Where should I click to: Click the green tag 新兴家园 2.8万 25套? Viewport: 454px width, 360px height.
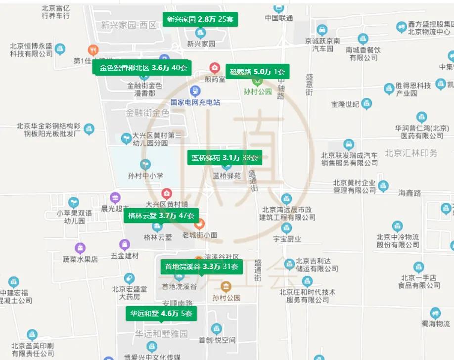click(x=200, y=20)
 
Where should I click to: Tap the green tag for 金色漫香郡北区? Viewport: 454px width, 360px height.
click(x=143, y=68)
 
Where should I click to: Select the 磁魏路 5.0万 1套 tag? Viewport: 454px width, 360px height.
click(x=257, y=72)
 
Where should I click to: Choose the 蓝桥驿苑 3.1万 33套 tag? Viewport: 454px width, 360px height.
click(x=225, y=158)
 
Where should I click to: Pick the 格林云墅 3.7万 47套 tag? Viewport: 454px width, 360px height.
click(x=161, y=215)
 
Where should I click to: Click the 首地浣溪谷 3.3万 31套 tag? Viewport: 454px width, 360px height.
click(x=202, y=267)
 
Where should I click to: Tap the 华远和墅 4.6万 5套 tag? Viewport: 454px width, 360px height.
click(x=161, y=313)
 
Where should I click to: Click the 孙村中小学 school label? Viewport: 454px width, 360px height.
click(x=145, y=175)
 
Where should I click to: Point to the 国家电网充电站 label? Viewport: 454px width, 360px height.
click(x=195, y=102)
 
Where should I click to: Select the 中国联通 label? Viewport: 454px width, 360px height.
click(x=278, y=18)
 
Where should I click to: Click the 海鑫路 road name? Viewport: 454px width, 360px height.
click(x=409, y=193)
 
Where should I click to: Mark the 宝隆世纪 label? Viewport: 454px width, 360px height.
click(x=345, y=104)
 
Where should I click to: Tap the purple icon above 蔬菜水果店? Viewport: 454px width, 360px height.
click(x=80, y=248)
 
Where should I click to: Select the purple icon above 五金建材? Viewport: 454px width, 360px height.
click(x=125, y=244)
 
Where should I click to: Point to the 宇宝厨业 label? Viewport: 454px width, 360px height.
click(x=287, y=239)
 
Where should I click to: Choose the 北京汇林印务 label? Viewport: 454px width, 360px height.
click(x=411, y=153)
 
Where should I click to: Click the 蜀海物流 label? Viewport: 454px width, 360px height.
click(x=436, y=323)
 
